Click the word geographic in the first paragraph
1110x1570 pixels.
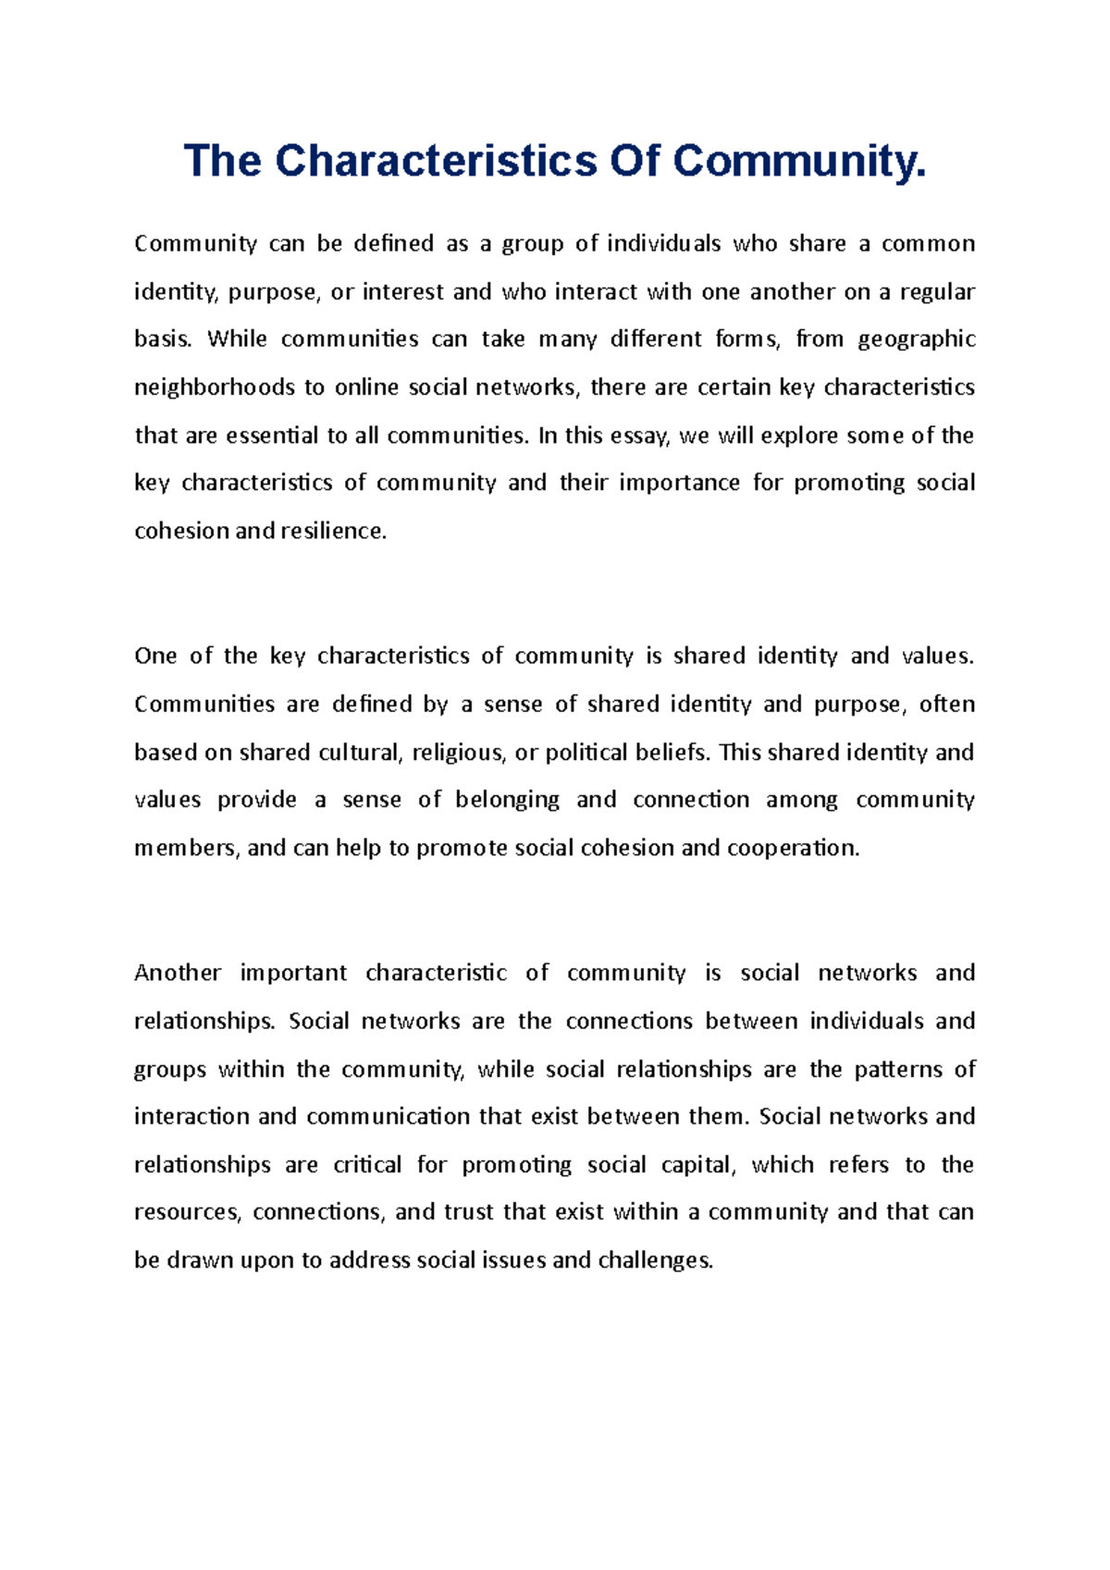click(x=917, y=339)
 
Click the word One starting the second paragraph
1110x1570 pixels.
click(x=155, y=656)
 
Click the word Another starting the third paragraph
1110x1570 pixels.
click(x=178, y=974)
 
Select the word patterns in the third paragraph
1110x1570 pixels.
click(x=894, y=1070)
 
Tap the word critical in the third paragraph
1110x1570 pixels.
click(x=367, y=1165)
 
